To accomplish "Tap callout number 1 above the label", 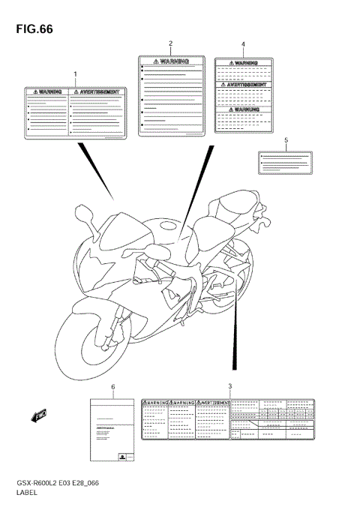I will [x=75, y=73].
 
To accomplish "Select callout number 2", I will [x=170, y=43].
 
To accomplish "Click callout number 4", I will [x=243, y=44].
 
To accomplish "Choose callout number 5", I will [x=286, y=140].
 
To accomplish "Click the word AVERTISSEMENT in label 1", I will [x=97, y=91].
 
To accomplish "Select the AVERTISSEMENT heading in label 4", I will [x=243, y=85].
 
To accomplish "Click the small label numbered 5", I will [x=286, y=161].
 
